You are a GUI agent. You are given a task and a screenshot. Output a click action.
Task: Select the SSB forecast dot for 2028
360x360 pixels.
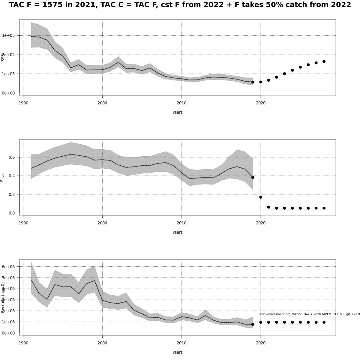pos(324,61)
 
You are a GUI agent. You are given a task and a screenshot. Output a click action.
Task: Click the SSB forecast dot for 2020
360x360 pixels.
pos(261,82)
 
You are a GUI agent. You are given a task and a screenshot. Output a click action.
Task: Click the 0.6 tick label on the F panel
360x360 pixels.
pos(12,157)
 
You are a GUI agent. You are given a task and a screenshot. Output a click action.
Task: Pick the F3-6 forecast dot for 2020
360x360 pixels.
pos(261,197)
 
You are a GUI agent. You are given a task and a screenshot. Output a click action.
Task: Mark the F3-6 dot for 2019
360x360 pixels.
pos(253,177)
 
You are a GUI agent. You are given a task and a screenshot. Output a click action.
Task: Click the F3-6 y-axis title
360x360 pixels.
pos(2,177)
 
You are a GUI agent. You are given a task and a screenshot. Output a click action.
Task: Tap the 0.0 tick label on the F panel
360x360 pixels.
pos(12,213)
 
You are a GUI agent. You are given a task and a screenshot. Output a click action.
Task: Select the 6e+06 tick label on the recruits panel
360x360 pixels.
pos(8,267)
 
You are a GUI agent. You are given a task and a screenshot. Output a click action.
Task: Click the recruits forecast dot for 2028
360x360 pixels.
pos(324,322)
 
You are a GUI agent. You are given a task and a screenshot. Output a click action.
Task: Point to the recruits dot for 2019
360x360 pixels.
pos(253,324)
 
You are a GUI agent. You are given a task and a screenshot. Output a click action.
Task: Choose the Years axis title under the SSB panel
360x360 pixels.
pos(177,112)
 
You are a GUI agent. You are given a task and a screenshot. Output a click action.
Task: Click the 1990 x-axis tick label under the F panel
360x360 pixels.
pos(23,223)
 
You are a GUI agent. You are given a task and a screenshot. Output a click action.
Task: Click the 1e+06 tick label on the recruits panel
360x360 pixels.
pos(8,322)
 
